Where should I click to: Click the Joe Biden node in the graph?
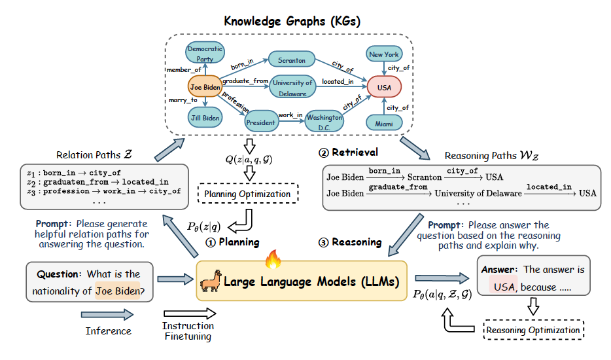[204, 86]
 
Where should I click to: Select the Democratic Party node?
[205, 54]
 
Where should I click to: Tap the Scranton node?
[291, 60]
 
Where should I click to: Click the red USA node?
[383, 86]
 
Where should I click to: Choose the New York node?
[384, 54]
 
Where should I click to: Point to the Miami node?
[384, 123]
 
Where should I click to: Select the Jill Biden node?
[205, 118]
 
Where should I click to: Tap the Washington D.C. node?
[325, 122]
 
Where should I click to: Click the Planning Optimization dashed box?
[247, 194]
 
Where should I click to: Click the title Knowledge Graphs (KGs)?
[292, 21]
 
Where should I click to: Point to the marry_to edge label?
[184, 100]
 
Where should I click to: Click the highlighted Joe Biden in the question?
[118, 290]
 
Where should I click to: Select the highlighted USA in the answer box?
[504, 287]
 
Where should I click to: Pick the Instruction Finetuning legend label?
[188, 331]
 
